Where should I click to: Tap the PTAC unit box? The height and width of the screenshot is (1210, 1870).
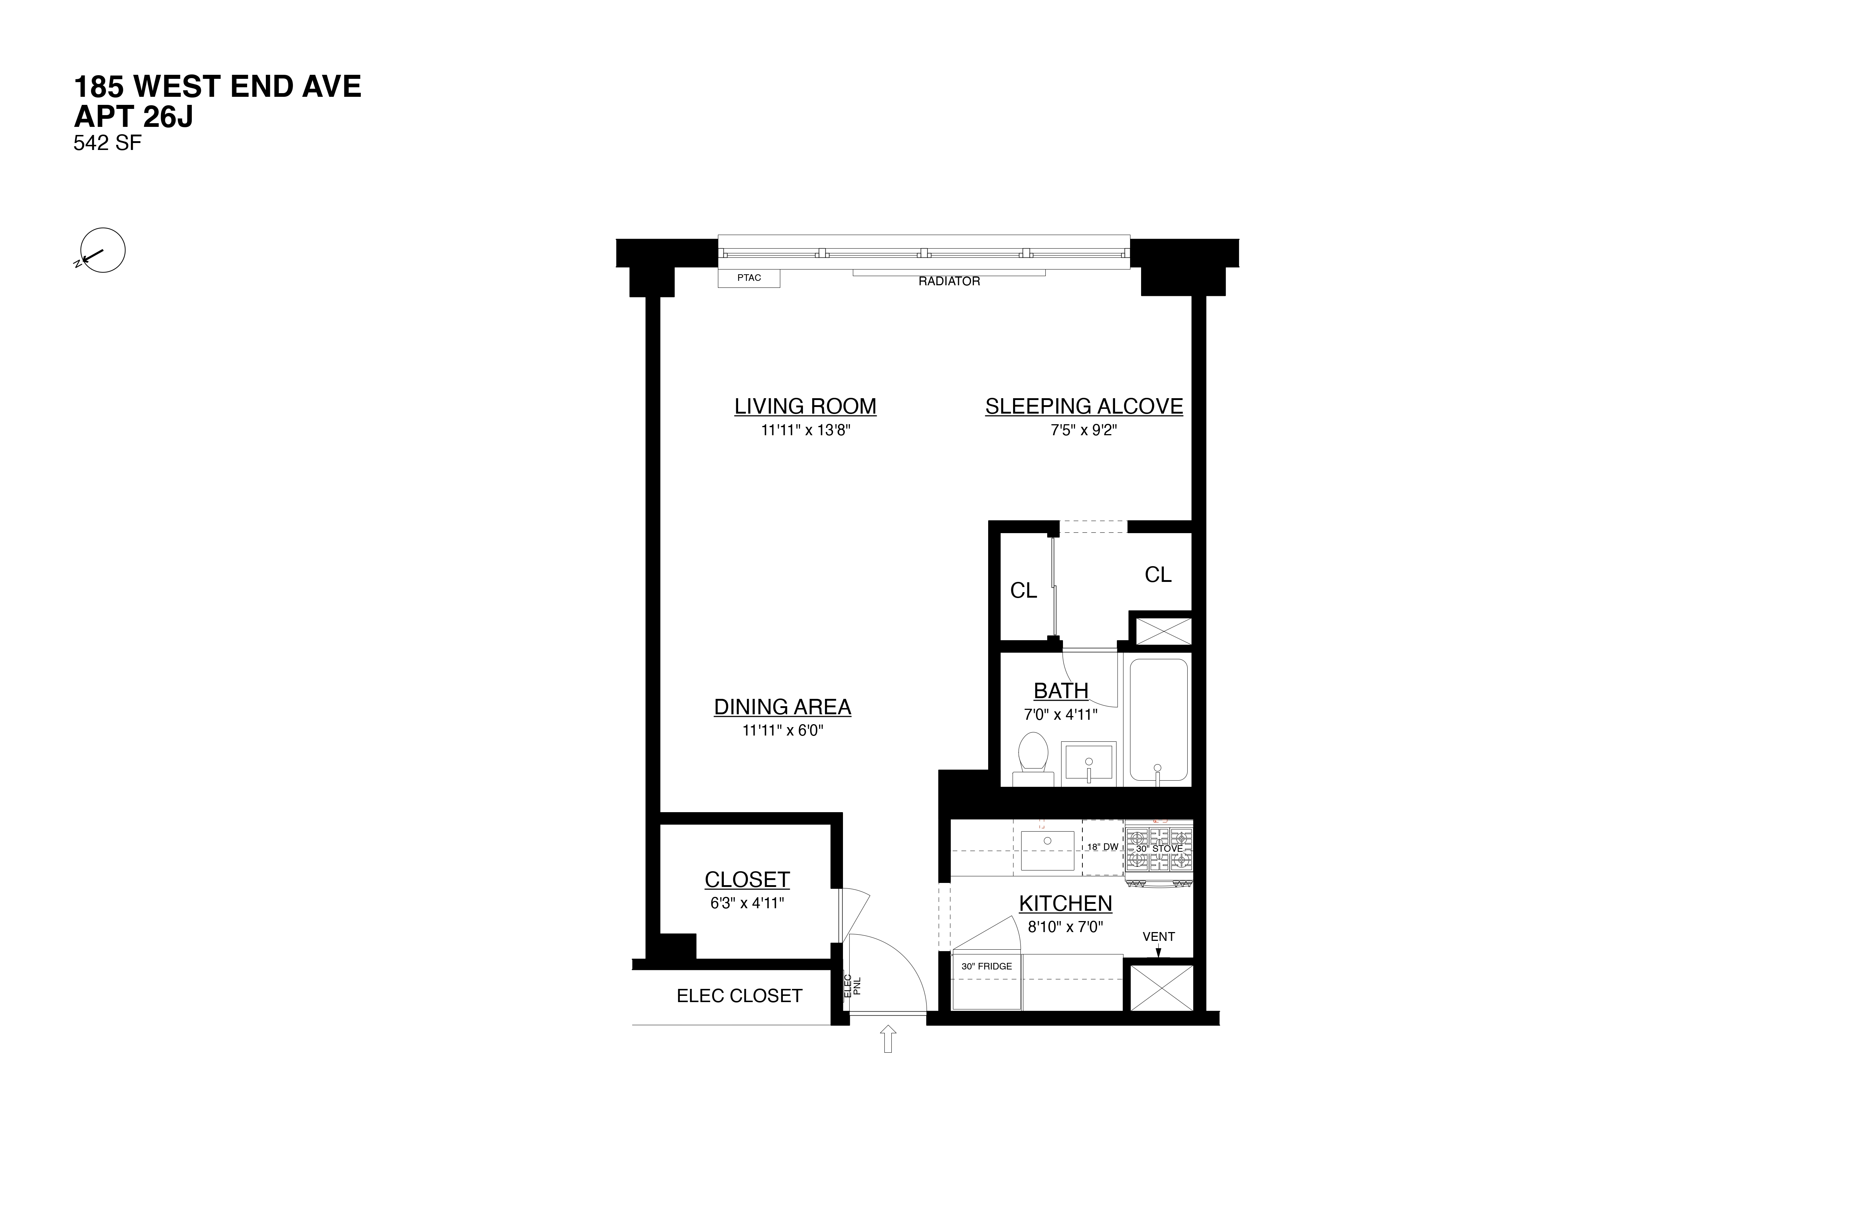[x=749, y=278]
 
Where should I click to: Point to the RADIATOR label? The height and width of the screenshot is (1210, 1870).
[x=949, y=281]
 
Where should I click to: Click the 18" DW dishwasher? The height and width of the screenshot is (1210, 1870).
[x=1102, y=847]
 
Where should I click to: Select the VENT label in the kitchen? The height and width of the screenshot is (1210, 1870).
[x=1158, y=936]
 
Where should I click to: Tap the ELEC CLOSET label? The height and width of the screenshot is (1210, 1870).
[x=739, y=996]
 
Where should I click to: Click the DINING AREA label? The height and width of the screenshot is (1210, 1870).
[x=782, y=707]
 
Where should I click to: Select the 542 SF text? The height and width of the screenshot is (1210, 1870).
[x=108, y=144]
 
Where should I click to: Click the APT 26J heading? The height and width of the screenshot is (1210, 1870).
[x=133, y=117]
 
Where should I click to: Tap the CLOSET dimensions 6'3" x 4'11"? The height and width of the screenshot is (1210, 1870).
[x=747, y=903]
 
